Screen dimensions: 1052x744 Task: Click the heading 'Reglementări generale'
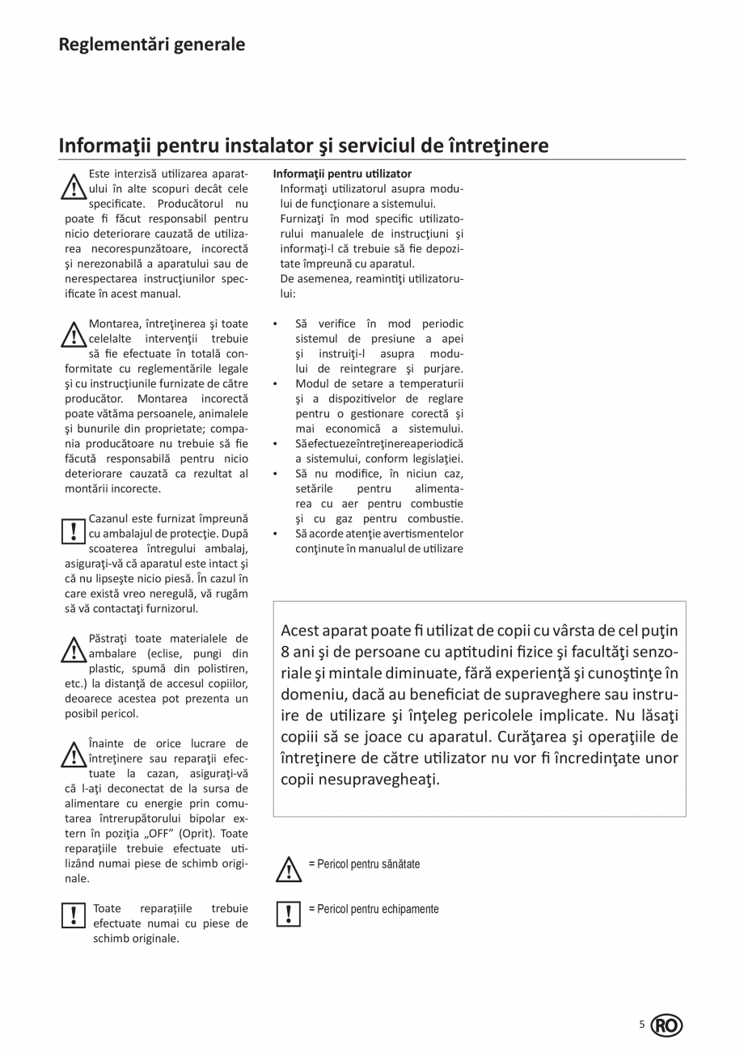(x=151, y=44)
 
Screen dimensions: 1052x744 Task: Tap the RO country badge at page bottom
(x=666, y=1025)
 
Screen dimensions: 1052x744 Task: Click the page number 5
(x=642, y=1025)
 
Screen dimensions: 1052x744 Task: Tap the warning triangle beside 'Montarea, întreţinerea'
(x=74, y=334)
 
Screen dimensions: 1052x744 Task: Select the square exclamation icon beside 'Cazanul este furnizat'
(x=74, y=530)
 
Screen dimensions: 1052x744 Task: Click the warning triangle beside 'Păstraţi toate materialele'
(x=74, y=649)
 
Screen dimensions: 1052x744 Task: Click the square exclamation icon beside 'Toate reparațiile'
(x=74, y=915)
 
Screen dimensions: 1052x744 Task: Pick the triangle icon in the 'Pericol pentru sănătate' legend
(x=288, y=869)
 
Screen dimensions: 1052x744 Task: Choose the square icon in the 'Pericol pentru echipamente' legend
(x=288, y=913)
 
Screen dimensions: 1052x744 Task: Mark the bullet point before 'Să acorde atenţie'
(x=276, y=534)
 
